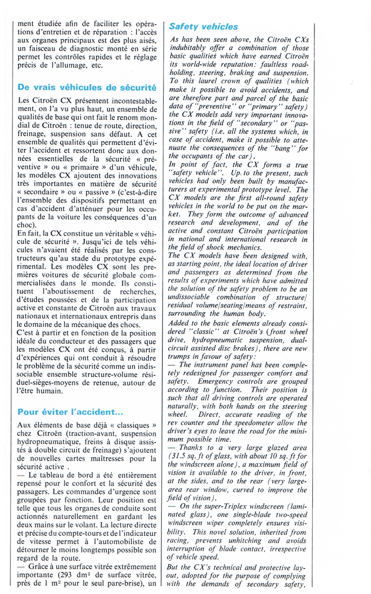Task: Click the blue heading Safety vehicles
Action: tap(204, 27)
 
